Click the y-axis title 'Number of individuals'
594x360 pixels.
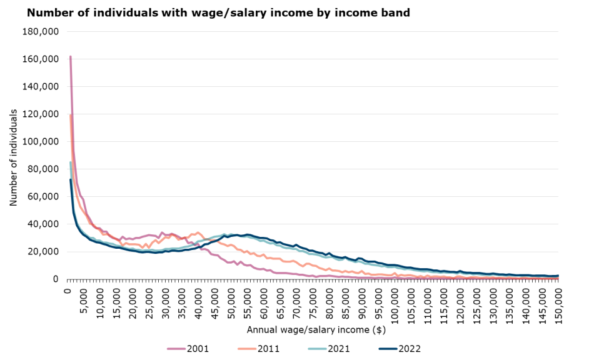point(14,157)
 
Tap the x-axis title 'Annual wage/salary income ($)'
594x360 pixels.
point(311,329)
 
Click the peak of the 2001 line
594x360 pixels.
point(70,57)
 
